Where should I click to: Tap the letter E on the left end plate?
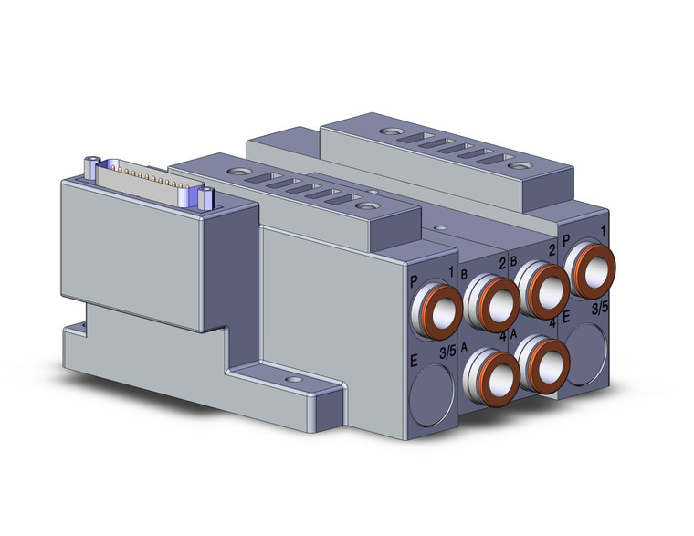click(415, 363)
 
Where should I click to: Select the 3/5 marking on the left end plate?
click(447, 352)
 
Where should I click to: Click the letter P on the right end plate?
click(567, 240)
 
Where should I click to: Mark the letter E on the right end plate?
click(567, 318)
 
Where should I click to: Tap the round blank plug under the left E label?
click(431, 395)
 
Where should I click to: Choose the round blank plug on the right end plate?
click(585, 347)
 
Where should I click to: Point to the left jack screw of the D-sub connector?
click(93, 165)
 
